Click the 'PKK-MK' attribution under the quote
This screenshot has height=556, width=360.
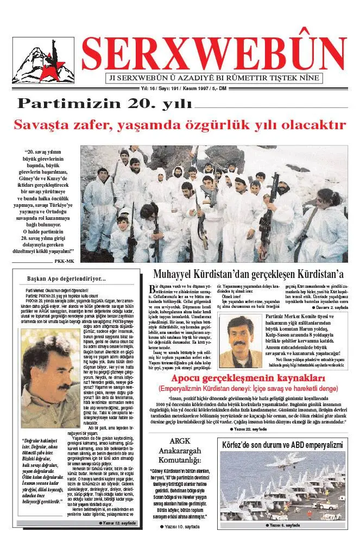64,261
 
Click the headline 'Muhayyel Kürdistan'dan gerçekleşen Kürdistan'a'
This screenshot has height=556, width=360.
249,274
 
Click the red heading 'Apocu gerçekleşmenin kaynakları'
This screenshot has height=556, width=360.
248,378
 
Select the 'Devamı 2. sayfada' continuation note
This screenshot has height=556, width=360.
331,307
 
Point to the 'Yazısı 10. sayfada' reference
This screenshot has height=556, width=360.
180,527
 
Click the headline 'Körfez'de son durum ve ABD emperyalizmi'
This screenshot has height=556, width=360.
282,445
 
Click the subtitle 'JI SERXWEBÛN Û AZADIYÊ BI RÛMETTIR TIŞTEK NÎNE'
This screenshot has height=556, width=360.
214,78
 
